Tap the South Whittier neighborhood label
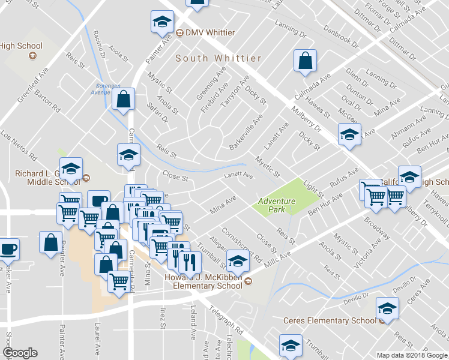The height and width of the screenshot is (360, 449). click(x=218, y=58)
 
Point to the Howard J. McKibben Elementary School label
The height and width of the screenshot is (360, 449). click(x=203, y=281)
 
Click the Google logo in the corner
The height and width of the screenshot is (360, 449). click(x=19, y=353)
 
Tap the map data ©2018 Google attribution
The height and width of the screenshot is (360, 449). click(x=411, y=355)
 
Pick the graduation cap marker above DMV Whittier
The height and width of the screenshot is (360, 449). click(x=161, y=22)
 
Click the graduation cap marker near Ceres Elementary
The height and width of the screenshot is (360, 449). click(x=387, y=308)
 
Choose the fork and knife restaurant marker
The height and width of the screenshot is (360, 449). click(x=188, y=259)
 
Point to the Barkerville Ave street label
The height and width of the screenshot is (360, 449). click(x=246, y=133)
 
